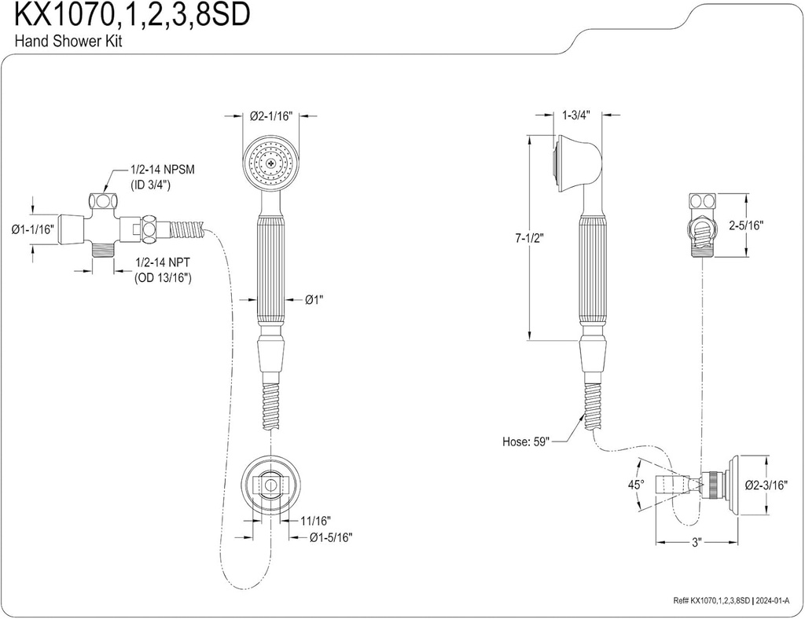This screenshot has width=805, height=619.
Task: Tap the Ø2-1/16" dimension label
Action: [x=271, y=115]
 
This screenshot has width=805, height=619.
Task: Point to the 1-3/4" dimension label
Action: [x=577, y=115]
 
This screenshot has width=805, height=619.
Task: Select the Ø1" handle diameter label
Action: [x=314, y=299]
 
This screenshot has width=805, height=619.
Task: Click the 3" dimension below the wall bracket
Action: [x=696, y=542]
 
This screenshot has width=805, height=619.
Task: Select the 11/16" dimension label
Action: [x=315, y=521]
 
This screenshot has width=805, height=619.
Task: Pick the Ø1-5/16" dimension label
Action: [x=330, y=537]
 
